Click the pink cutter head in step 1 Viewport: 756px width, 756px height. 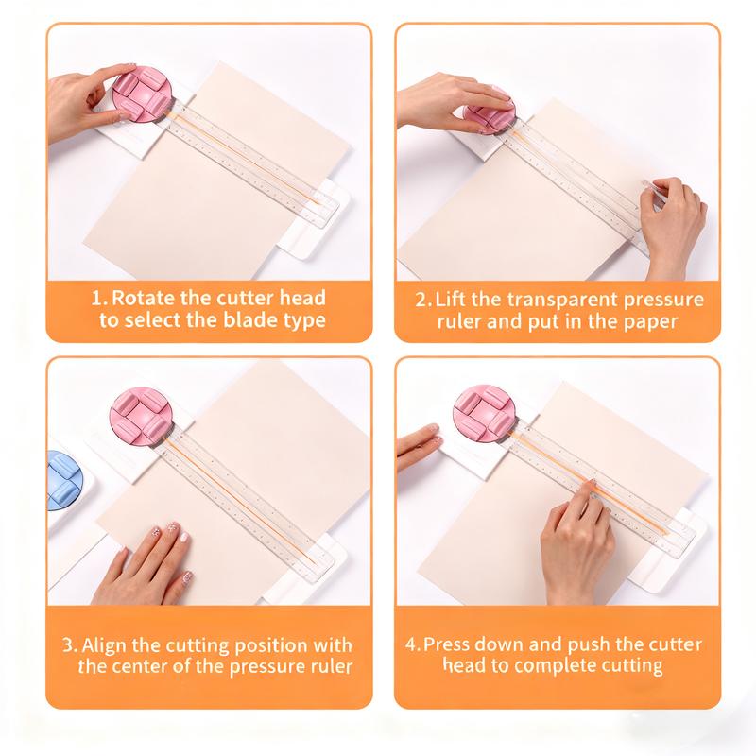click(x=142, y=94)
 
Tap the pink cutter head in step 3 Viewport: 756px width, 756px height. click(x=141, y=415)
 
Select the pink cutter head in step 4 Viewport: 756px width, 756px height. click(x=482, y=413)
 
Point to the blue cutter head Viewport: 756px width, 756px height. click(x=63, y=480)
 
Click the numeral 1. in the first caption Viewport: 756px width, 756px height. click(x=99, y=298)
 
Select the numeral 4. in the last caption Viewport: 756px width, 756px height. click(x=413, y=644)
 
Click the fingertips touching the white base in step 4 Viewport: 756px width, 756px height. click(x=419, y=446)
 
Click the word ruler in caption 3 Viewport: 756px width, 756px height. click(x=330, y=666)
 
